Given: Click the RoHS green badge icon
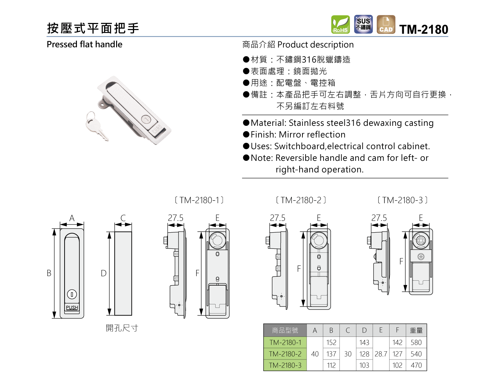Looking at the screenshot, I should coord(341,25).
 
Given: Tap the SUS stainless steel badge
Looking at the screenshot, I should coord(363,24).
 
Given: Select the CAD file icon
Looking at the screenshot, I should coord(386,25).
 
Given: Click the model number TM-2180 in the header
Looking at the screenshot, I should coord(423,29).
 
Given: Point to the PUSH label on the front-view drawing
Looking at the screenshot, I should coord(72,308).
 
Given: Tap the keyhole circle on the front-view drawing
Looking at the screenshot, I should coord(72,294).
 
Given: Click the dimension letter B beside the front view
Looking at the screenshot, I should coord(49,273).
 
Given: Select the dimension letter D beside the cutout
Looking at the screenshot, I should coord(103,273).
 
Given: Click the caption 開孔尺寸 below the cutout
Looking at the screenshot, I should coord(122,328).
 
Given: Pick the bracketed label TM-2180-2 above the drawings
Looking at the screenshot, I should coord(301,200).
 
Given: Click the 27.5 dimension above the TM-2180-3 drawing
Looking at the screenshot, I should coord(379,218).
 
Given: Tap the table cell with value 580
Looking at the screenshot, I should coord(416,343).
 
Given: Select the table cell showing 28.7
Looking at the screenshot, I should coord(381,354).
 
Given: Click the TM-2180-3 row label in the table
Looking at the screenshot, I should coord(285,365).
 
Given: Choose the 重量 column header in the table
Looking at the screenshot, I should coord(416,330).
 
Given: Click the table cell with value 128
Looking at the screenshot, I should coord(364,354).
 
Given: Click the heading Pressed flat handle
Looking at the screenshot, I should coord(84,45).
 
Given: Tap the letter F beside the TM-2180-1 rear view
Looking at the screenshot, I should coord(197,273).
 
